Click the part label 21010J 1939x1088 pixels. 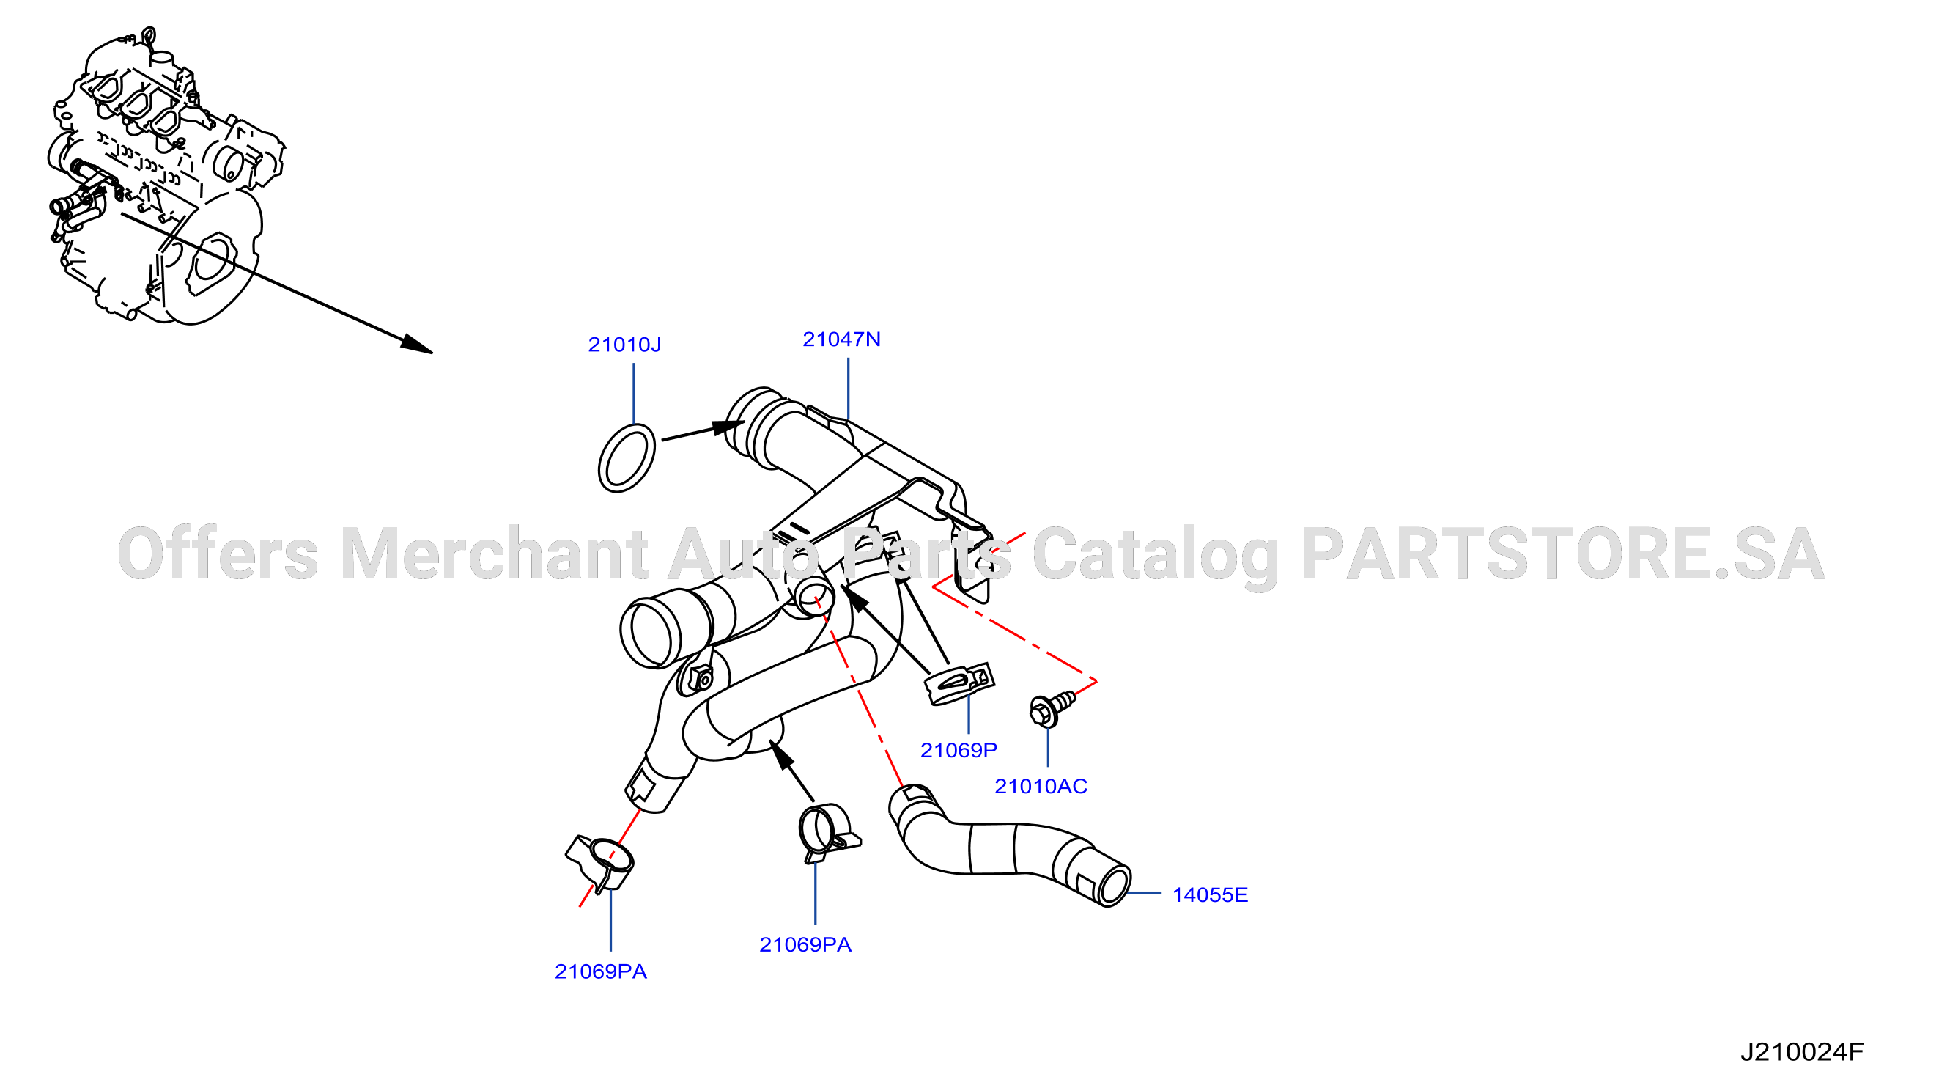point(624,345)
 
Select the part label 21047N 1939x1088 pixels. point(841,339)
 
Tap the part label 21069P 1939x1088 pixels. point(959,751)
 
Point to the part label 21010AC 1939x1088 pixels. point(1041,787)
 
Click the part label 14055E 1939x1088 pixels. point(1210,895)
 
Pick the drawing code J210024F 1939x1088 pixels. point(1802,1052)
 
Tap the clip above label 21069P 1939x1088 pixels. point(959,684)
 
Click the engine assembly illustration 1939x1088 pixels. point(166,177)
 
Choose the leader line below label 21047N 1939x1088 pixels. point(849,389)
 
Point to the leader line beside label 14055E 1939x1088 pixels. point(1144,893)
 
